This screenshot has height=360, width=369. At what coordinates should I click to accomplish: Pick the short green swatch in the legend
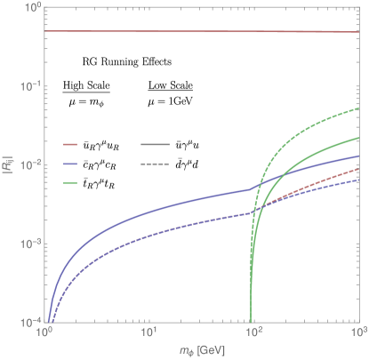click(x=71, y=183)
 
